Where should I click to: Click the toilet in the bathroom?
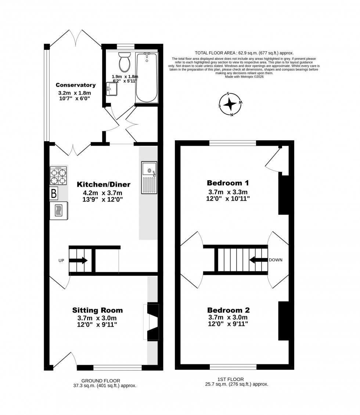pyautogui.click(x=125, y=62)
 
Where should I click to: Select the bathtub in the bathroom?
pyautogui.click(x=147, y=77)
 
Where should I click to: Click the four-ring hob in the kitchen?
pyautogui.click(x=58, y=176)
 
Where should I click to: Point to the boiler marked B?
pyautogui.click(x=54, y=193)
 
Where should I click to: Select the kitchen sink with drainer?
pyautogui.click(x=149, y=178)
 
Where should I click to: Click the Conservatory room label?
pyautogui.click(x=76, y=85)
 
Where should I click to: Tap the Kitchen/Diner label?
pyautogui.click(x=104, y=184)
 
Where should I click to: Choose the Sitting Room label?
pyautogui.click(x=97, y=310)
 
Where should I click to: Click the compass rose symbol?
pyautogui.click(x=230, y=104)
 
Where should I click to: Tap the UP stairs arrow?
pyautogui.click(x=78, y=261)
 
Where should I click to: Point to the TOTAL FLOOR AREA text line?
pyautogui.click(x=244, y=53)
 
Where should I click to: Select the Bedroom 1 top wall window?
pyautogui.click(x=233, y=143)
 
